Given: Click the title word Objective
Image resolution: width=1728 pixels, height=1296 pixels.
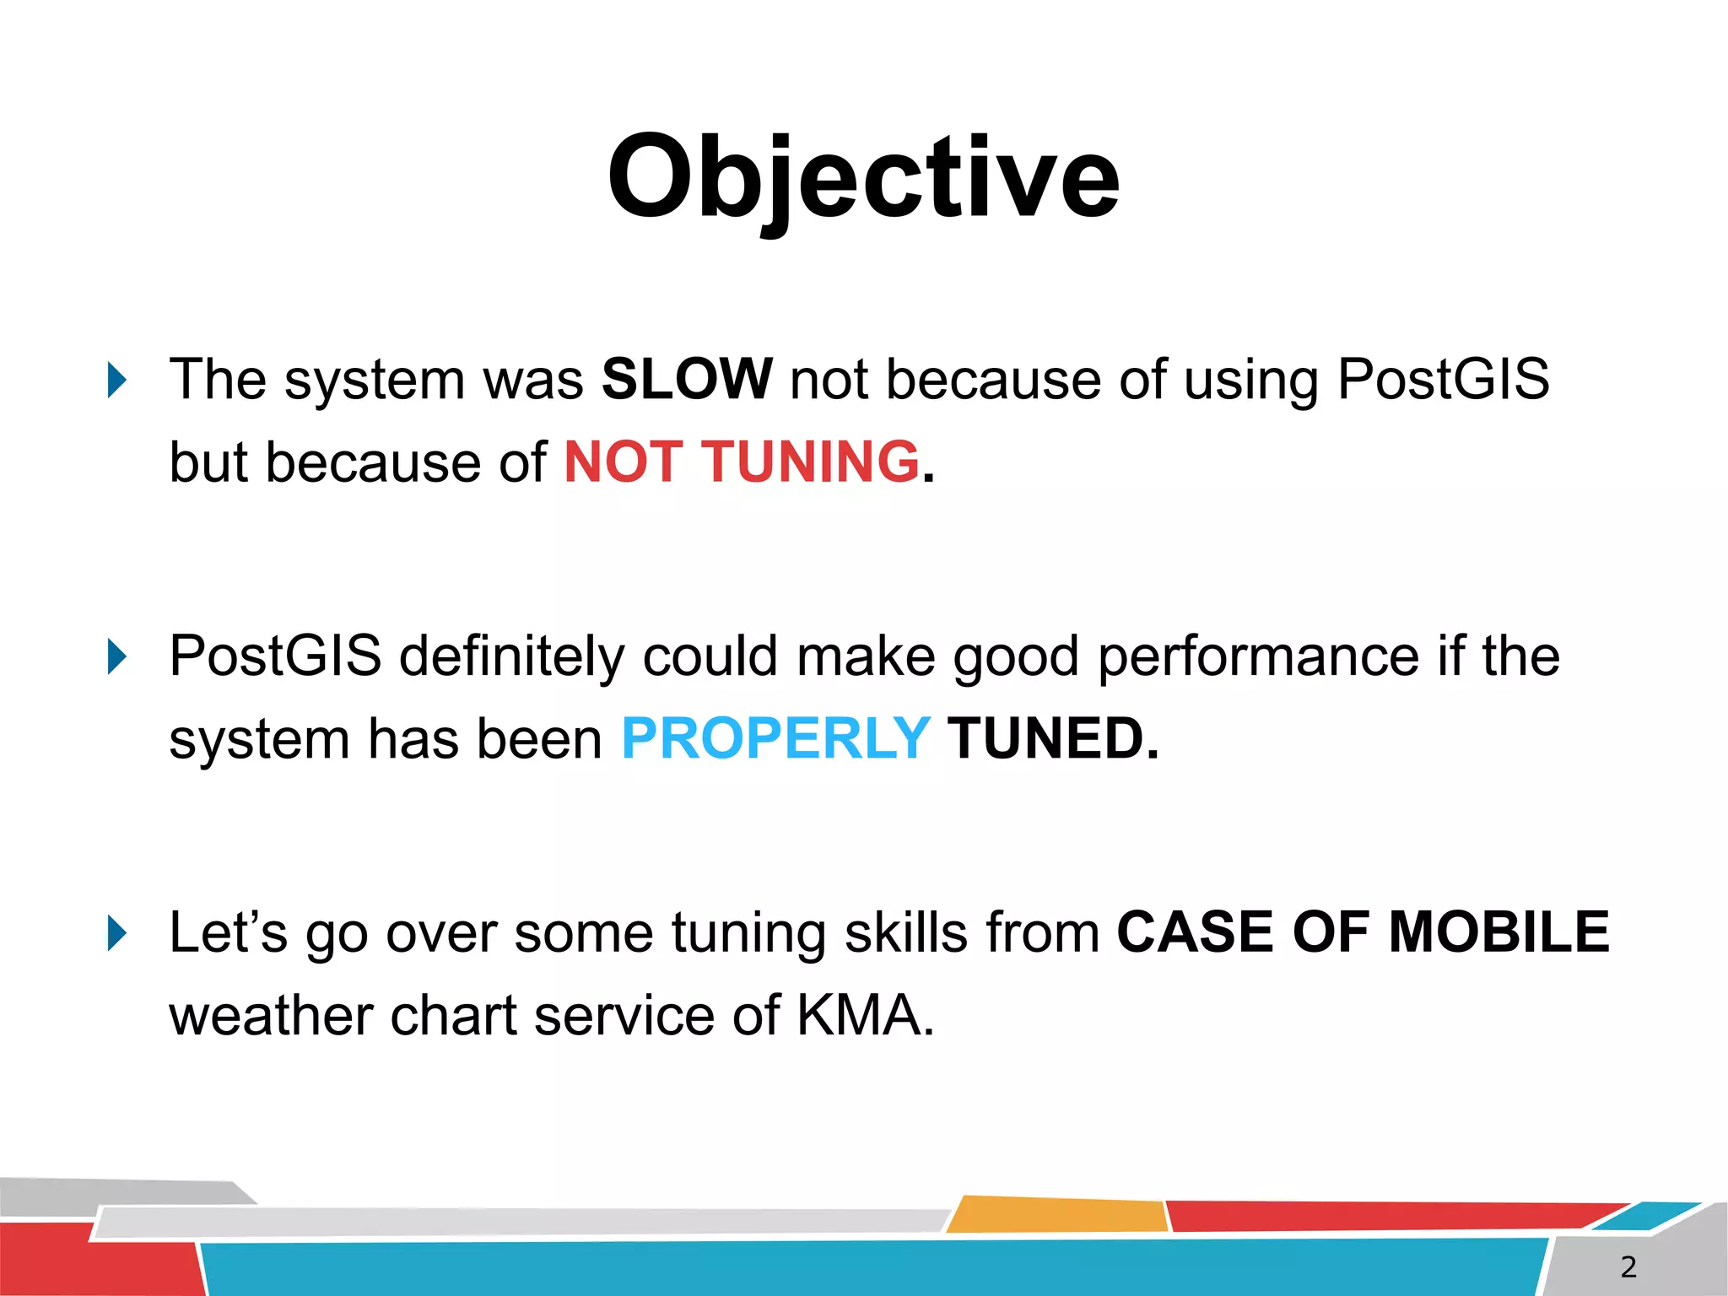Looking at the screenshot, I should coord(863,179).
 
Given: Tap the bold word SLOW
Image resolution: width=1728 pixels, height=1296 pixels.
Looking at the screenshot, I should coord(686,379).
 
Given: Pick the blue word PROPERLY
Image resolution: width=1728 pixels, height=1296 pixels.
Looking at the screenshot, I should coord(775,738).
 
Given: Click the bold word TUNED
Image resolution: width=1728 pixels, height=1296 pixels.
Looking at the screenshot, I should coord(1051,738).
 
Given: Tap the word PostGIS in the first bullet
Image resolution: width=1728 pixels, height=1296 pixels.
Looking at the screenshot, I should coord(1443,379).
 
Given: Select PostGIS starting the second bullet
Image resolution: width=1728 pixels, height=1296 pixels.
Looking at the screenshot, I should coord(275,656).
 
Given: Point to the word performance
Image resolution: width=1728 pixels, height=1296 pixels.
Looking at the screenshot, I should coord(1258,656).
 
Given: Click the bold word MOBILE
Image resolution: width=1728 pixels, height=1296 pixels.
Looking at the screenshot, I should coord(1498,932).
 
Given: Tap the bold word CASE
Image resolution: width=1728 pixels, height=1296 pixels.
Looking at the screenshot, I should coord(1195,932).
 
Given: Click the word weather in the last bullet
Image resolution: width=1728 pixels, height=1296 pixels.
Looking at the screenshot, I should coord(270,1015).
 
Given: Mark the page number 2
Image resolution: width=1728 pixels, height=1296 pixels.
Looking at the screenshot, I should coord(1628,1266).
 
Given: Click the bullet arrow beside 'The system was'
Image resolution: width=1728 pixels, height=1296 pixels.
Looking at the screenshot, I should coord(117,381).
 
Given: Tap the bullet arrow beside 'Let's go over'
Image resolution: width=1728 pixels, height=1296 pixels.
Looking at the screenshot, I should coord(117,934).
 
